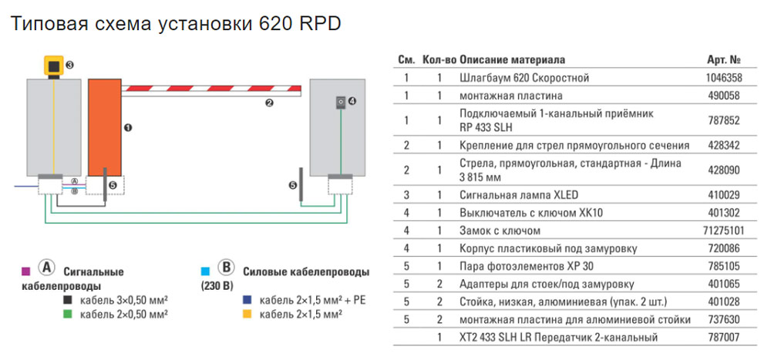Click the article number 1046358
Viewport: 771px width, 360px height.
pyautogui.click(x=724, y=78)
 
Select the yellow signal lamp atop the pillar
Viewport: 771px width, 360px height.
pyautogui.click(x=54, y=66)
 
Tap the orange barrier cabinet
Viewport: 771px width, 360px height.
pyautogui.click(x=104, y=127)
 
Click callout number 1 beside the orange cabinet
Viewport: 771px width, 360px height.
pyautogui.click(x=129, y=127)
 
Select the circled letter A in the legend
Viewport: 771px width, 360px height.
pyautogui.click(x=45, y=268)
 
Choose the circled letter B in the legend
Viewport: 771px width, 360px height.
pyautogui.click(x=226, y=268)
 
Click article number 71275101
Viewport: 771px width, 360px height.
pyautogui.click(x=724, y=230)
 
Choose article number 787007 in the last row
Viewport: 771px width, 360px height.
pyautogui.click(x=724, y=337)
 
